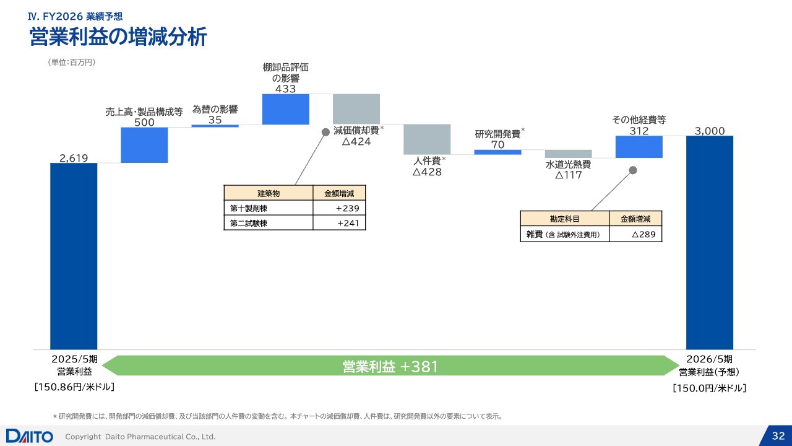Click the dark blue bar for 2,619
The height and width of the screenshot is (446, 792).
[x=74, y=256]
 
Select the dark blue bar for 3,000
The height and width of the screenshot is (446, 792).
[x=710, y=242]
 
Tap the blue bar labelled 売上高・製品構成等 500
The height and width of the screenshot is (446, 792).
[x=144, y=145]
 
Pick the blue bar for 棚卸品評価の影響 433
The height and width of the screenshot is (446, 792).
[x=286, y=109]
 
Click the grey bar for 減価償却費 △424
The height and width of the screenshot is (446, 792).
[x=356, y=109]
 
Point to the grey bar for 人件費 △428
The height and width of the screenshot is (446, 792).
[x=427, y=139]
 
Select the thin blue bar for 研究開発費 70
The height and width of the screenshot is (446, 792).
[x=498, y=152]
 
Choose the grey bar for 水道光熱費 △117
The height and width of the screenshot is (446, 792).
[x=569, y=154]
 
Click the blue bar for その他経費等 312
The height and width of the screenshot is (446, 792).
[x=639, y=147]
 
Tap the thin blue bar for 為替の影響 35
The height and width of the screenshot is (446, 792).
[x=215, y=126]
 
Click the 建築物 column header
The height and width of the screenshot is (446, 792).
[x=269, y=193]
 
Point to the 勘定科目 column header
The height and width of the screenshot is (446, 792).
[x=565, y=219]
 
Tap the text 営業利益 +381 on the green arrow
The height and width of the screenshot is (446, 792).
[x=390, y=366]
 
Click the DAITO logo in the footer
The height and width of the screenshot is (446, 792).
[x=29, y=436]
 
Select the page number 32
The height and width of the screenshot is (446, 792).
[x=778, y=435]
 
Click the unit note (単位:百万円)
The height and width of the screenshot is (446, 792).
[x=71, y=63]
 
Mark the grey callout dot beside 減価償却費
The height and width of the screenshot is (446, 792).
[x=325, y=132]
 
